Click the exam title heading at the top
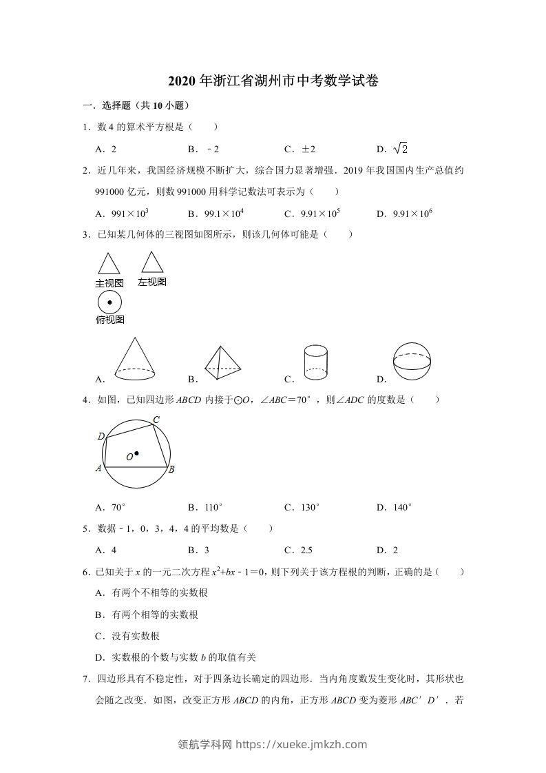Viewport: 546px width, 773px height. click(273, 81)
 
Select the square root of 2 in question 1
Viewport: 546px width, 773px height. click(401, 148)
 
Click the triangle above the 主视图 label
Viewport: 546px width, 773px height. click(109, 265)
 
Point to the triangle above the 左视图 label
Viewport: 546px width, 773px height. click(151, 262)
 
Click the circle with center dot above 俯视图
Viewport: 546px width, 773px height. click(109, 302)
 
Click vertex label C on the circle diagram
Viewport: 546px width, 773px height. click(156, 420)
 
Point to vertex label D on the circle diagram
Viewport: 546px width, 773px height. click(101, 436)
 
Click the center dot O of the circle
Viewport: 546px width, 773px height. click(137, 453)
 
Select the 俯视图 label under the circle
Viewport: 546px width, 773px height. click(109, 320)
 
